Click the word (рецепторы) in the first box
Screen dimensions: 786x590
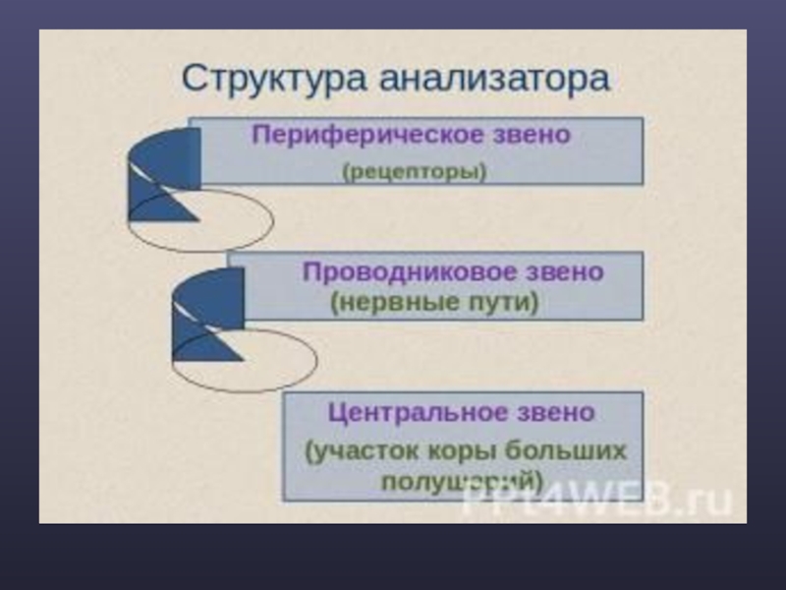click(x=415, y=171)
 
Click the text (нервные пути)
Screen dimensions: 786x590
click(x=434, y=303)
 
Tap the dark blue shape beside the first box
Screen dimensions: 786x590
click(x=162, y=172)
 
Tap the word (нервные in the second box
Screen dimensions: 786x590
click(x=394, y=303)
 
